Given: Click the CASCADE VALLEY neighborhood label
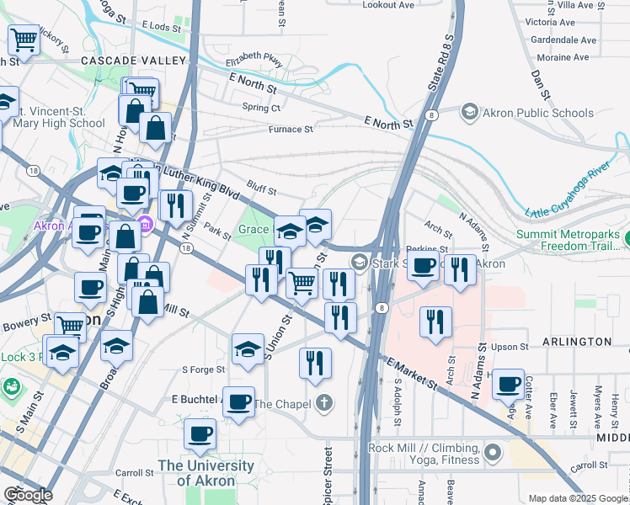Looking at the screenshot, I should point(133,61).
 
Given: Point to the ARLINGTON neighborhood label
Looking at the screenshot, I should point(581,342).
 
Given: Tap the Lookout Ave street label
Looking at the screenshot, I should point(388,5).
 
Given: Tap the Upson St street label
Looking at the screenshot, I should point(510,347).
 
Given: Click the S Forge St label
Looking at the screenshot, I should point(204,369).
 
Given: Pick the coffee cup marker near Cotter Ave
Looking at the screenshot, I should point(508,385).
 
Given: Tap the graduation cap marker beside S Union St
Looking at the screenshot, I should point(248,349).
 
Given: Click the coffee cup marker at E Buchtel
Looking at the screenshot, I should point(239,401).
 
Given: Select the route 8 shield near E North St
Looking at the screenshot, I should point(430,114).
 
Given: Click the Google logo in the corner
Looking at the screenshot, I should point(27,495).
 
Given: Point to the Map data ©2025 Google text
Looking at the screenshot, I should point(577,498).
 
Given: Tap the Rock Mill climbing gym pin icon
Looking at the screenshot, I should point(493,454).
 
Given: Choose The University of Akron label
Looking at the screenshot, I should point(206,473).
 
